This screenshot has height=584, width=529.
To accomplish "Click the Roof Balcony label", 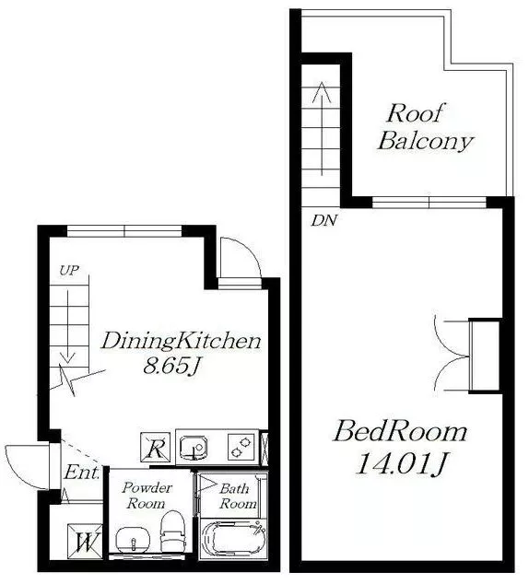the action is [425, 127].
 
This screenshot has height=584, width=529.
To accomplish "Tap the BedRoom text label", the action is [399, 432].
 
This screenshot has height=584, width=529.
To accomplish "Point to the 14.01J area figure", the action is [402, 463].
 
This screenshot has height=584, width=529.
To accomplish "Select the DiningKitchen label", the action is [181, 341].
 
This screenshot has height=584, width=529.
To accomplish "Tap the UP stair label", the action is [69, 271].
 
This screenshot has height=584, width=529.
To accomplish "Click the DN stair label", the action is [324, 221].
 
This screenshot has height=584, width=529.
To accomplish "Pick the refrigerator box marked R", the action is [156, 448].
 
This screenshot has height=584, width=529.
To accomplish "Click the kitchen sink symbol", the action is [194, 448].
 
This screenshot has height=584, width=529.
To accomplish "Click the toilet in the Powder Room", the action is [173, 531].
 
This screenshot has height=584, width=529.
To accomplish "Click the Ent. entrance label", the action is [82, 473].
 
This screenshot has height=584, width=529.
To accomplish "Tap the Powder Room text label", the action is [147, 496].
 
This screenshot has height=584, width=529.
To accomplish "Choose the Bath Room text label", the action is [237, 496].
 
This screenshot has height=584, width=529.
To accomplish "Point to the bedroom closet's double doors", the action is [452, 355].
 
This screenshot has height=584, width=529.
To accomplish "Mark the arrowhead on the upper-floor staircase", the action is [322, 91].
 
